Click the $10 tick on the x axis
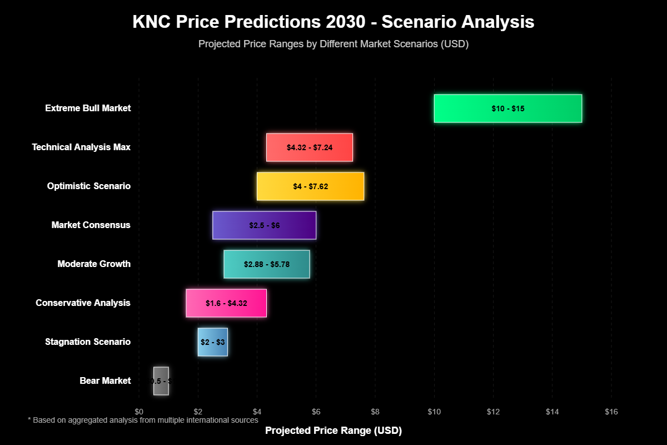(434, 412)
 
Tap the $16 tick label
(611, 412)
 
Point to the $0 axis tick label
(139, 412)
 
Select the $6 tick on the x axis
(316, 412)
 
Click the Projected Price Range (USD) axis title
(333, 431)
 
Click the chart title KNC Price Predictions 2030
(333, 22)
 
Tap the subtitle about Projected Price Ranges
(333, 44)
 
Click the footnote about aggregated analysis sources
(143, 421)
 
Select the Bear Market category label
(105, 381)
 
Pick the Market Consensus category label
(91, 225)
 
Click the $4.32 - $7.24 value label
(309, 147)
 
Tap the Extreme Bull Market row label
(88, 108)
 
